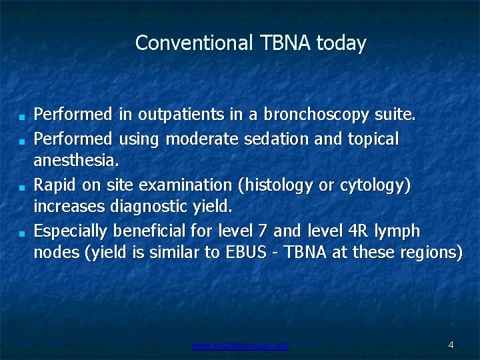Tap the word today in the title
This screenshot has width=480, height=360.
tap(341, 43)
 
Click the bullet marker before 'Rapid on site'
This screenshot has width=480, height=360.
tap(22, 187)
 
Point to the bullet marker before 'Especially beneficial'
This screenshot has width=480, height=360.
tap(22, 234)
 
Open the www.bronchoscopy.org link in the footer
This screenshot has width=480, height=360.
tap(240, 345)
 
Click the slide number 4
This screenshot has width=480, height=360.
tap(451, 345)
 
